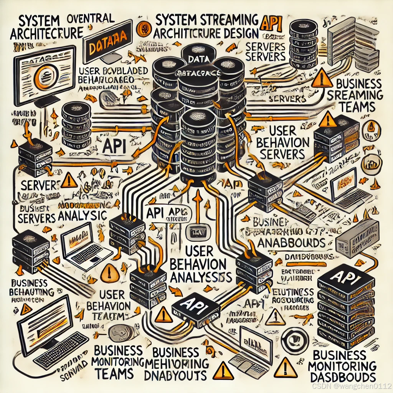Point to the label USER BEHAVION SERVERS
282,143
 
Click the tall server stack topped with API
347,303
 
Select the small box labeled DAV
196,232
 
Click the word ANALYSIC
82,216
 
